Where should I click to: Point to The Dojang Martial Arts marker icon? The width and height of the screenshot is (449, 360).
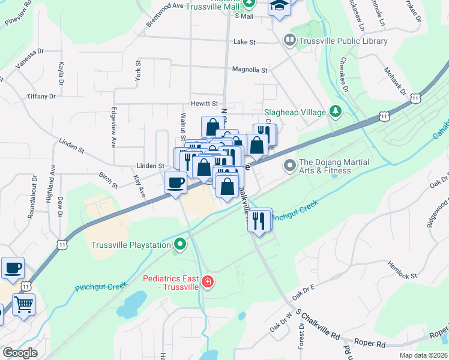point(290,164)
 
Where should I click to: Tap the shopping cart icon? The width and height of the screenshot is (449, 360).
point(23,304)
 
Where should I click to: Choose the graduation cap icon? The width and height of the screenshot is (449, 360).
point(279,6)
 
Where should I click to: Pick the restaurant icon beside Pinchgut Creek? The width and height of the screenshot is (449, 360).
point(259,220)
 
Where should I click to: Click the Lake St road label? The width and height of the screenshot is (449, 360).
point(244,43)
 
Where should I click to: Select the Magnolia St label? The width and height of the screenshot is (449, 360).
point(249,70)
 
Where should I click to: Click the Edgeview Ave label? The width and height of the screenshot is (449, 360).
point(113,127)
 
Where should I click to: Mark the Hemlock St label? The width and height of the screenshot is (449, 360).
point(402,270)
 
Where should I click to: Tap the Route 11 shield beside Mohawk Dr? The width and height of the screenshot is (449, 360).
point(417,97)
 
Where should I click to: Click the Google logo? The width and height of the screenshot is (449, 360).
point(19,353)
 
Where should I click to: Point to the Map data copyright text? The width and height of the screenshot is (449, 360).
point(423,355)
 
